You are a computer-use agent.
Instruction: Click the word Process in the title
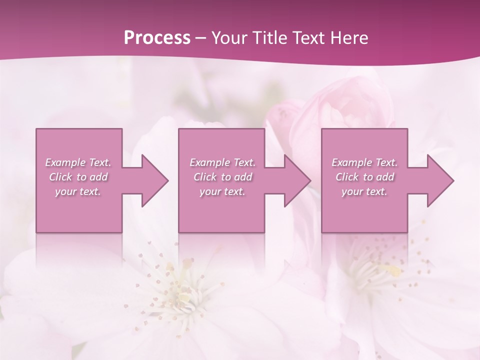coord(157,38)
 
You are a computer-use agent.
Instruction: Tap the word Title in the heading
coord(269,38)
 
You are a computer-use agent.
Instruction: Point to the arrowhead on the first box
coord(149,180)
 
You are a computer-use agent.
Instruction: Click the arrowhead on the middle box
coord(292,180)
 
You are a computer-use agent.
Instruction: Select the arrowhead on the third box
coord(435,180)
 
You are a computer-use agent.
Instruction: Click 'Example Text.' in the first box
coord(78,162)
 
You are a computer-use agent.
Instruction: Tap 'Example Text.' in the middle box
coord(222,162)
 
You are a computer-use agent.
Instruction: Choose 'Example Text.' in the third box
coord(364,162)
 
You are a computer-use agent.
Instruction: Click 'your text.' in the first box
coord(78,191)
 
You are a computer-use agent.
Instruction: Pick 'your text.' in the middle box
coord(222,191)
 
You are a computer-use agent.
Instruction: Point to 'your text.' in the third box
coord(364,191)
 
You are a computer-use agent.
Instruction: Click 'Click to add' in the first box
coord(78,177)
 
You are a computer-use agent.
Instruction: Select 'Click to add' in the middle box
coord(222,177)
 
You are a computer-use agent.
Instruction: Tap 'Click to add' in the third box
coord(365,177)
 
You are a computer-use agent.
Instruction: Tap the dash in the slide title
coord(201,38)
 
